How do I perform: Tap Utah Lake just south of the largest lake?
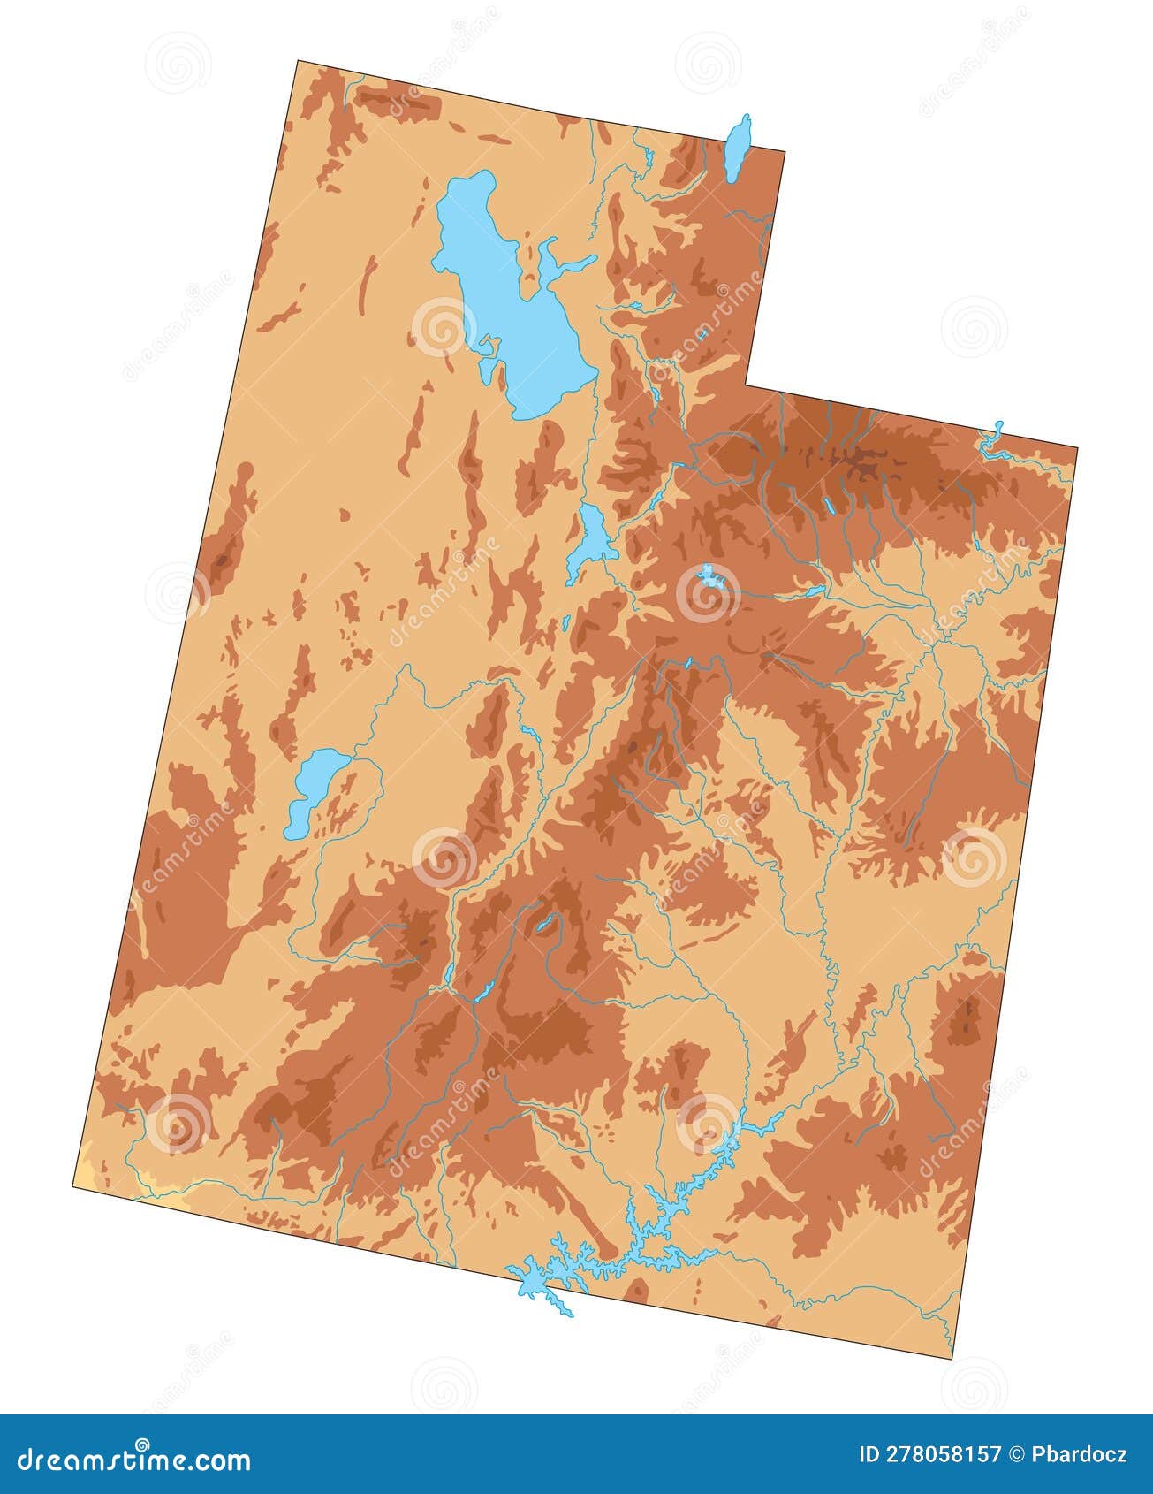[590, 539]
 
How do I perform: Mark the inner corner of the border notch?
[747, 385]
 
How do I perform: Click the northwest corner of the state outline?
[299, 61]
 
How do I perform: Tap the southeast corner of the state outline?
[956, 1360]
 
